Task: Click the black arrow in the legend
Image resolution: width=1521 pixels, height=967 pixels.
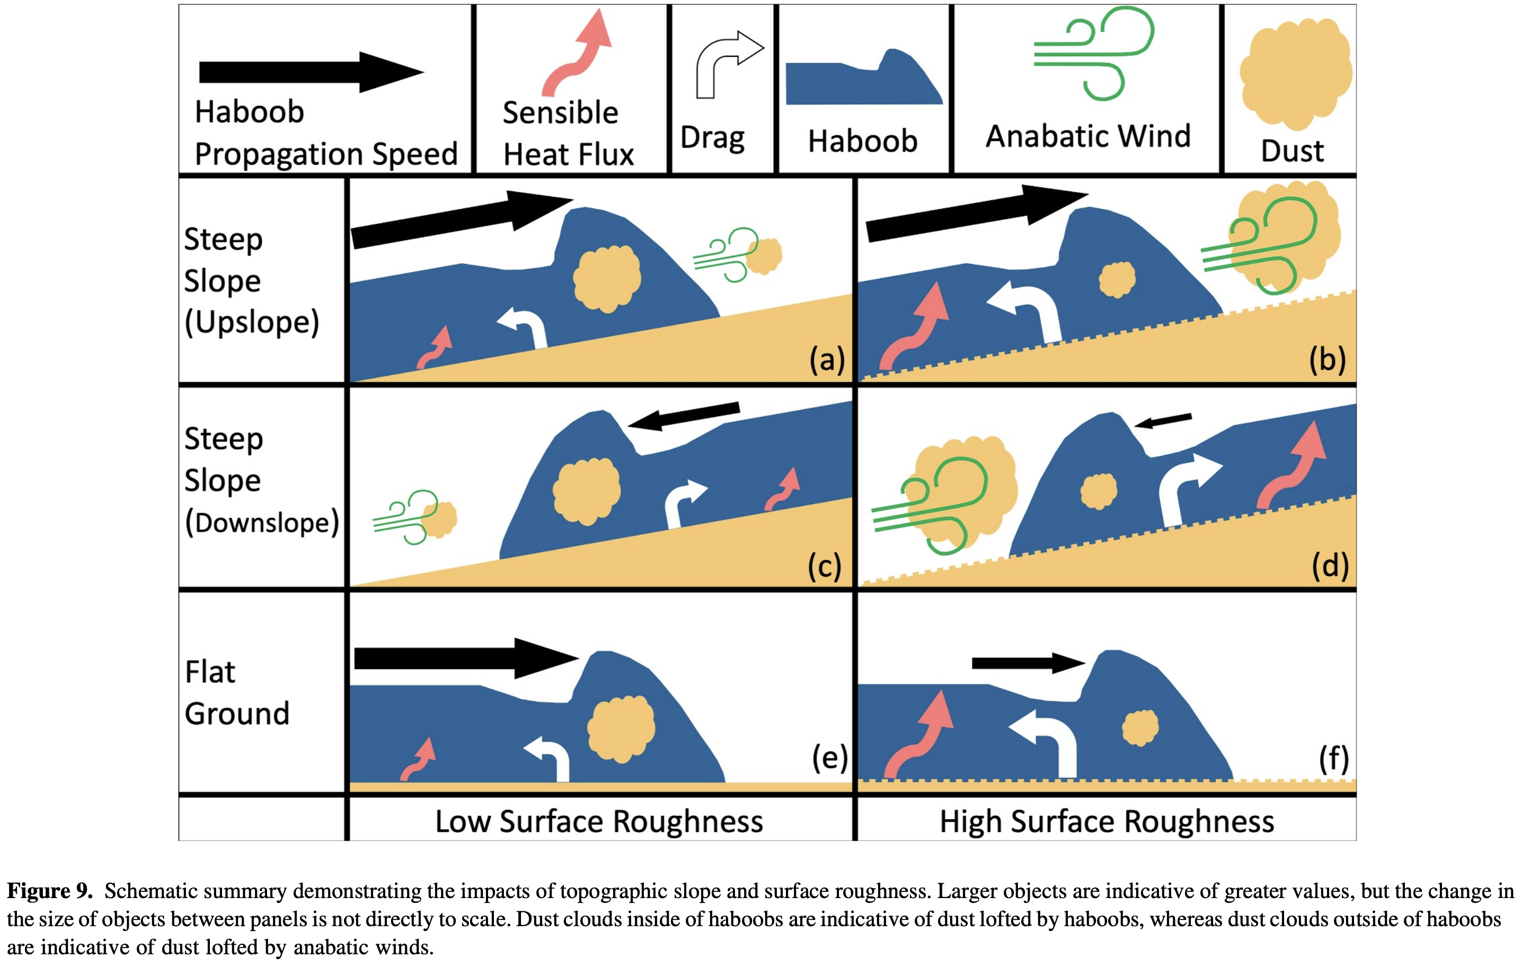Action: [x=309, y=72]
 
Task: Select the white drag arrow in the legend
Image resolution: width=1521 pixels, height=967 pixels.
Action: [x=727, y=63]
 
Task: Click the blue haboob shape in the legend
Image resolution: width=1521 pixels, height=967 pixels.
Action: [x=863, y=81]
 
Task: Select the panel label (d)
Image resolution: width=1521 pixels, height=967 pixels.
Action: [x=1330, y=565]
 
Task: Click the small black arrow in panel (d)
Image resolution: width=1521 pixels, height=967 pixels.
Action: [x=1163, y=420]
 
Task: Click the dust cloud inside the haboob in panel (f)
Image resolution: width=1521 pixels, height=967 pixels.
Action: [x=1139, y=728]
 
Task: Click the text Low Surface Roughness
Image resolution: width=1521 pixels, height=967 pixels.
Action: [x=599, y=822]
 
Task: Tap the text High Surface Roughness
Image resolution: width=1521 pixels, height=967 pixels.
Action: [x=1107, y=822]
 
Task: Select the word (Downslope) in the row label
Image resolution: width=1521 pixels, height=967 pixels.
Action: [x=261, y=523]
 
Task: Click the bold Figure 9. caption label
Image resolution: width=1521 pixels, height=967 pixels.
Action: [x=50, y=891]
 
